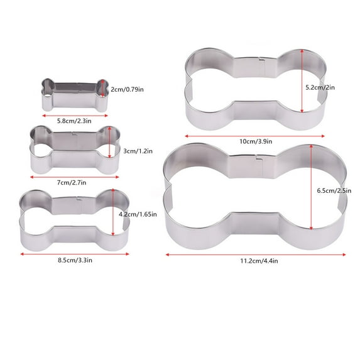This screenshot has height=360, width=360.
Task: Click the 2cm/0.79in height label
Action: [128, 89]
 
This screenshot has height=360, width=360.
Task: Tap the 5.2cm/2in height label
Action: [325, 87]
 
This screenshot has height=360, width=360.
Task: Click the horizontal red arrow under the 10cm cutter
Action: [256, 134]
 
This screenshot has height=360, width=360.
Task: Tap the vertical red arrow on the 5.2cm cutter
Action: [303, 82]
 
